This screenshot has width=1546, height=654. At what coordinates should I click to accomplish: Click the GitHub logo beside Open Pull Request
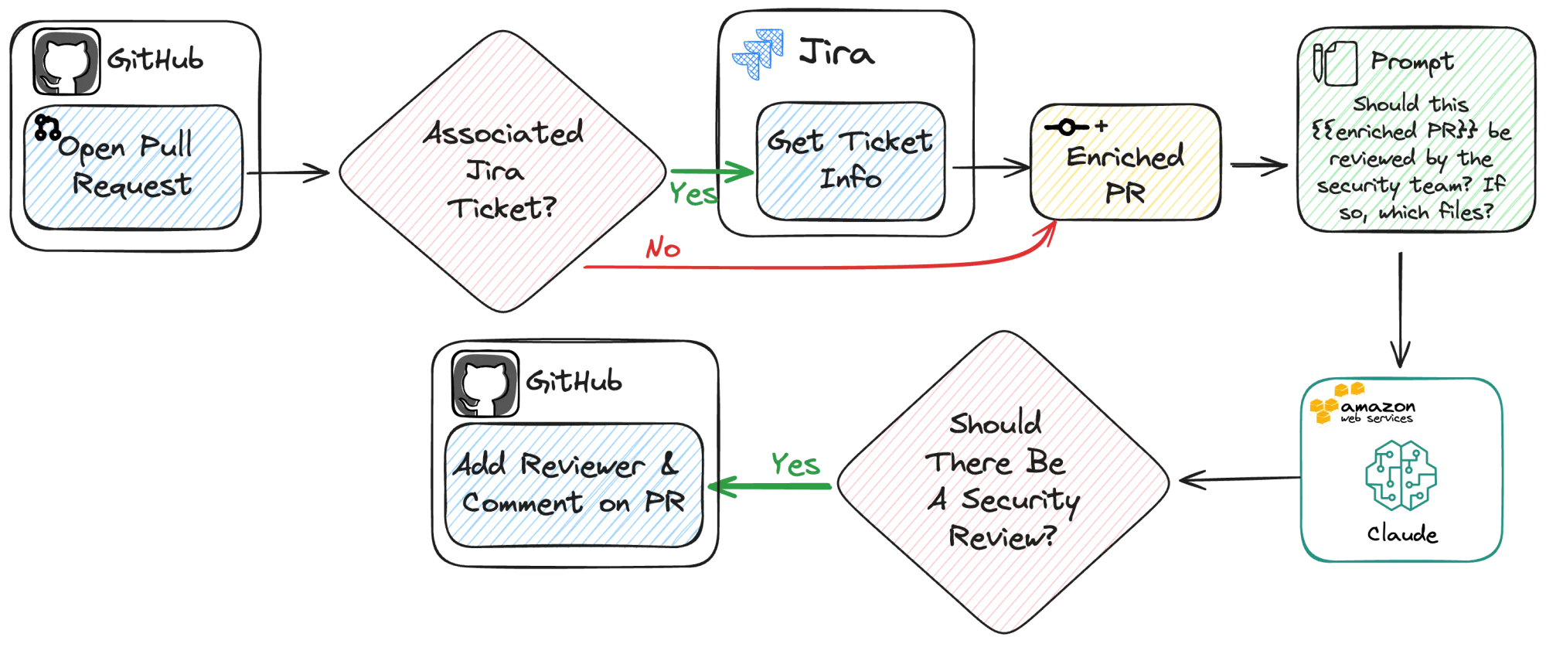point(66,62)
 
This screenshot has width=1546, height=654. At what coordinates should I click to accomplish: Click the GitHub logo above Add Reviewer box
point(485,384)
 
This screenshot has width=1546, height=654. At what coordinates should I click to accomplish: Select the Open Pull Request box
point(133,168)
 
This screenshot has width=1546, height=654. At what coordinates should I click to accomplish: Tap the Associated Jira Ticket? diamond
point(503,172)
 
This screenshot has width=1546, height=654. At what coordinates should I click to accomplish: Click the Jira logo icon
point(758,53)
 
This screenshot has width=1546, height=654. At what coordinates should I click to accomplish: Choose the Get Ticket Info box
point(851,161)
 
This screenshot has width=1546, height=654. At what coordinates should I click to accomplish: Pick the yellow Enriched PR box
point(1126,162)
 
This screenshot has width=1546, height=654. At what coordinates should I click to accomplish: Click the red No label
point(663,248)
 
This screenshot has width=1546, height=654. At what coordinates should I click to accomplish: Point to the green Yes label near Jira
point(693,193)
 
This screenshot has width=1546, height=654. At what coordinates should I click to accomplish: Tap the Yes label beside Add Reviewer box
point(795,464)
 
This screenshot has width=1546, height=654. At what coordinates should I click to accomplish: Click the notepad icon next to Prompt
point(1335,63)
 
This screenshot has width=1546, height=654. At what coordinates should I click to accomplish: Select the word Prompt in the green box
point(1412,62)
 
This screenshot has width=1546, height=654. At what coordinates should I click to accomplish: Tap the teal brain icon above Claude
point(1401,475)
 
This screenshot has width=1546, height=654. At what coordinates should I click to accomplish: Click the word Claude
point(1402,534)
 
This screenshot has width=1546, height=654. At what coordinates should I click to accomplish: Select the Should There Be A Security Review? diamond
point(1003,482)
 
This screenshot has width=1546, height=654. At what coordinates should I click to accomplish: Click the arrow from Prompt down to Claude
point(1400,310)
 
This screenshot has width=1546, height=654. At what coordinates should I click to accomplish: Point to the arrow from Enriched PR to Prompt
point(1259,165)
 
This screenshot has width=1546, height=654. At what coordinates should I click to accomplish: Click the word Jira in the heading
point(837,53)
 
